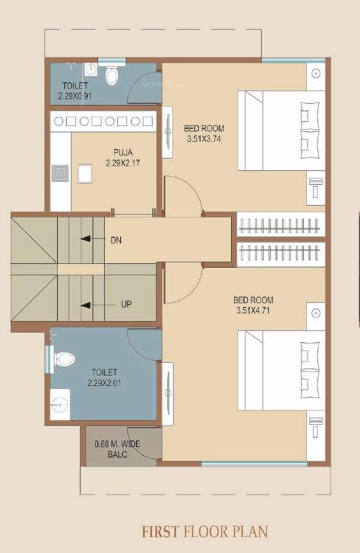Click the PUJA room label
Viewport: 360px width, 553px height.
pos(122,152)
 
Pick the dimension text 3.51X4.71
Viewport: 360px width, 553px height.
pos(253,311)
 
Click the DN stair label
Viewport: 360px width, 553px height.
pos(116,240)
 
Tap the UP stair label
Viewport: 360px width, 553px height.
pos(126,304)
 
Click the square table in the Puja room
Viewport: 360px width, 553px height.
pos(86,173)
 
